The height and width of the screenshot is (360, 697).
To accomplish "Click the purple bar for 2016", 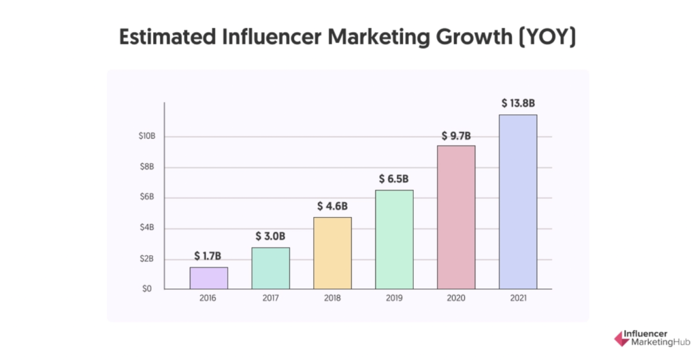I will [209, 278].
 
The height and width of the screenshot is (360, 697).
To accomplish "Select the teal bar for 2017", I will [270, 268].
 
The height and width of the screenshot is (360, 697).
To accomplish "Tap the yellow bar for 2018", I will [332, 253].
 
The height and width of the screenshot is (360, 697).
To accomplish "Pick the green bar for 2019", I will [394, 240].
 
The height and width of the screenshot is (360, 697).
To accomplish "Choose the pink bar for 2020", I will [456, 217].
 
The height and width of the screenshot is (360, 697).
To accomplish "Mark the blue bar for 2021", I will [518, 201].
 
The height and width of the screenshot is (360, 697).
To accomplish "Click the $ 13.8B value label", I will [519, 103].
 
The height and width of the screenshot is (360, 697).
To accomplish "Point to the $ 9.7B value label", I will [456, 135].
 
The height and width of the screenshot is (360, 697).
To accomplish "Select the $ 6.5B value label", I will [394, 179].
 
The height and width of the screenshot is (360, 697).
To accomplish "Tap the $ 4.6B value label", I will [332, 206].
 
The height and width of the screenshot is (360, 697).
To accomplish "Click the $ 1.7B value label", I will [208, 256].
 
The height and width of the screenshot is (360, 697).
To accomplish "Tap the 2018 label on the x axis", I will [332, 298].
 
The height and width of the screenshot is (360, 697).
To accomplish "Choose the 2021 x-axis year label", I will [518, 298].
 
